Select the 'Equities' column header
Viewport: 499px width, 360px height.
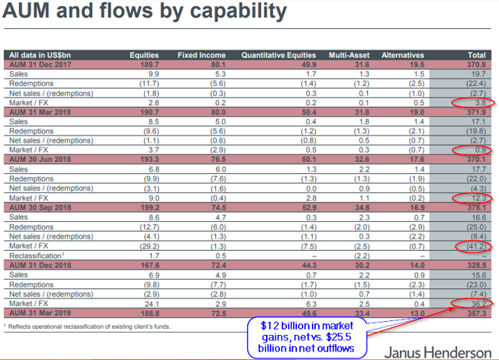[x=143, y=55]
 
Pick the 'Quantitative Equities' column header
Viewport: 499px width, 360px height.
[x=278, y=55]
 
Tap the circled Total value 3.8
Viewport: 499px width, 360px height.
[x=477, y=102]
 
